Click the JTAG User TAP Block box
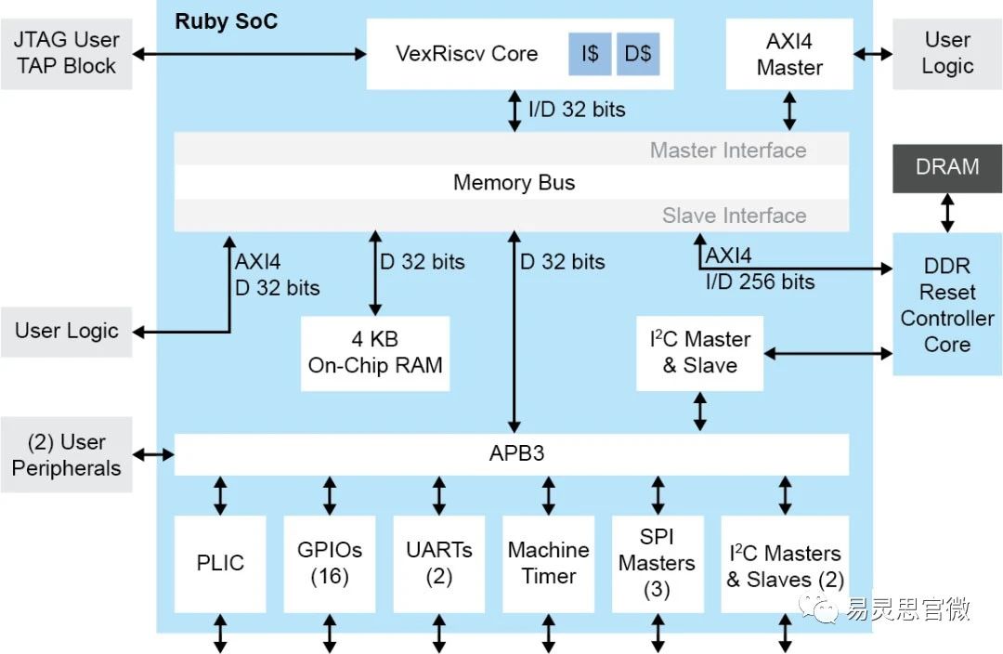point(66,54)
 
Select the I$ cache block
point(590,54)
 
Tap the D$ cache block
point(638,54)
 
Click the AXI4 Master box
point(789,54)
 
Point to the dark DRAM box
point(947,168)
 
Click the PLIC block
point(220,563)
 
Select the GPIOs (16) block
point(329,563)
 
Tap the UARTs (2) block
point(438,563)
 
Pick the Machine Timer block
point(548,563)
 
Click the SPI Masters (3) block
point(657,563)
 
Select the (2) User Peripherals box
point(66,454)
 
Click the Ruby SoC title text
point(226,21)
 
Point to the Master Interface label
point(727,150)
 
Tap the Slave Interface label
point(734,216)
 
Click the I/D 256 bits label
point(760,282)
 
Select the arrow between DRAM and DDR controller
point(947,213)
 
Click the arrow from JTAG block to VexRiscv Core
point(249,54)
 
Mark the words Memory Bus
point(514,183)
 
